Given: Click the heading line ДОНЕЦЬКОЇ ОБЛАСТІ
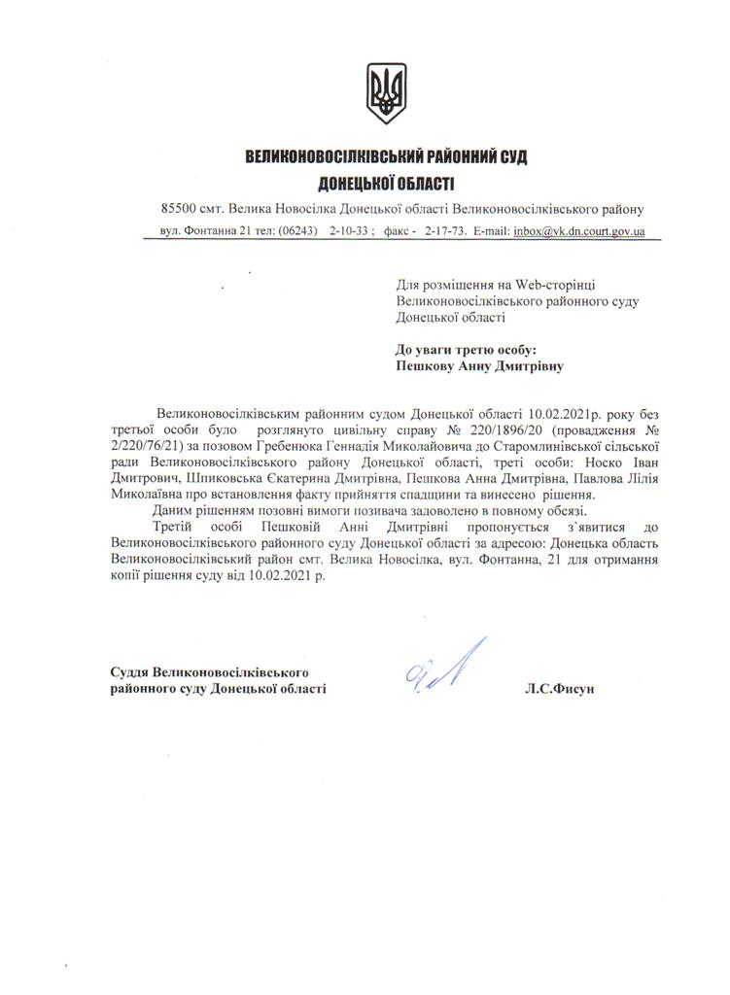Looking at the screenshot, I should [386, 183].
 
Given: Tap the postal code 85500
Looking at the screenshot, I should [180, 209].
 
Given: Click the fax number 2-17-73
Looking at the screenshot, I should [444, 232].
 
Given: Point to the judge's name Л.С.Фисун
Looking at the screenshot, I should [558, 689].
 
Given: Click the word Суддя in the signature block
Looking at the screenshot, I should [130, 672].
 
